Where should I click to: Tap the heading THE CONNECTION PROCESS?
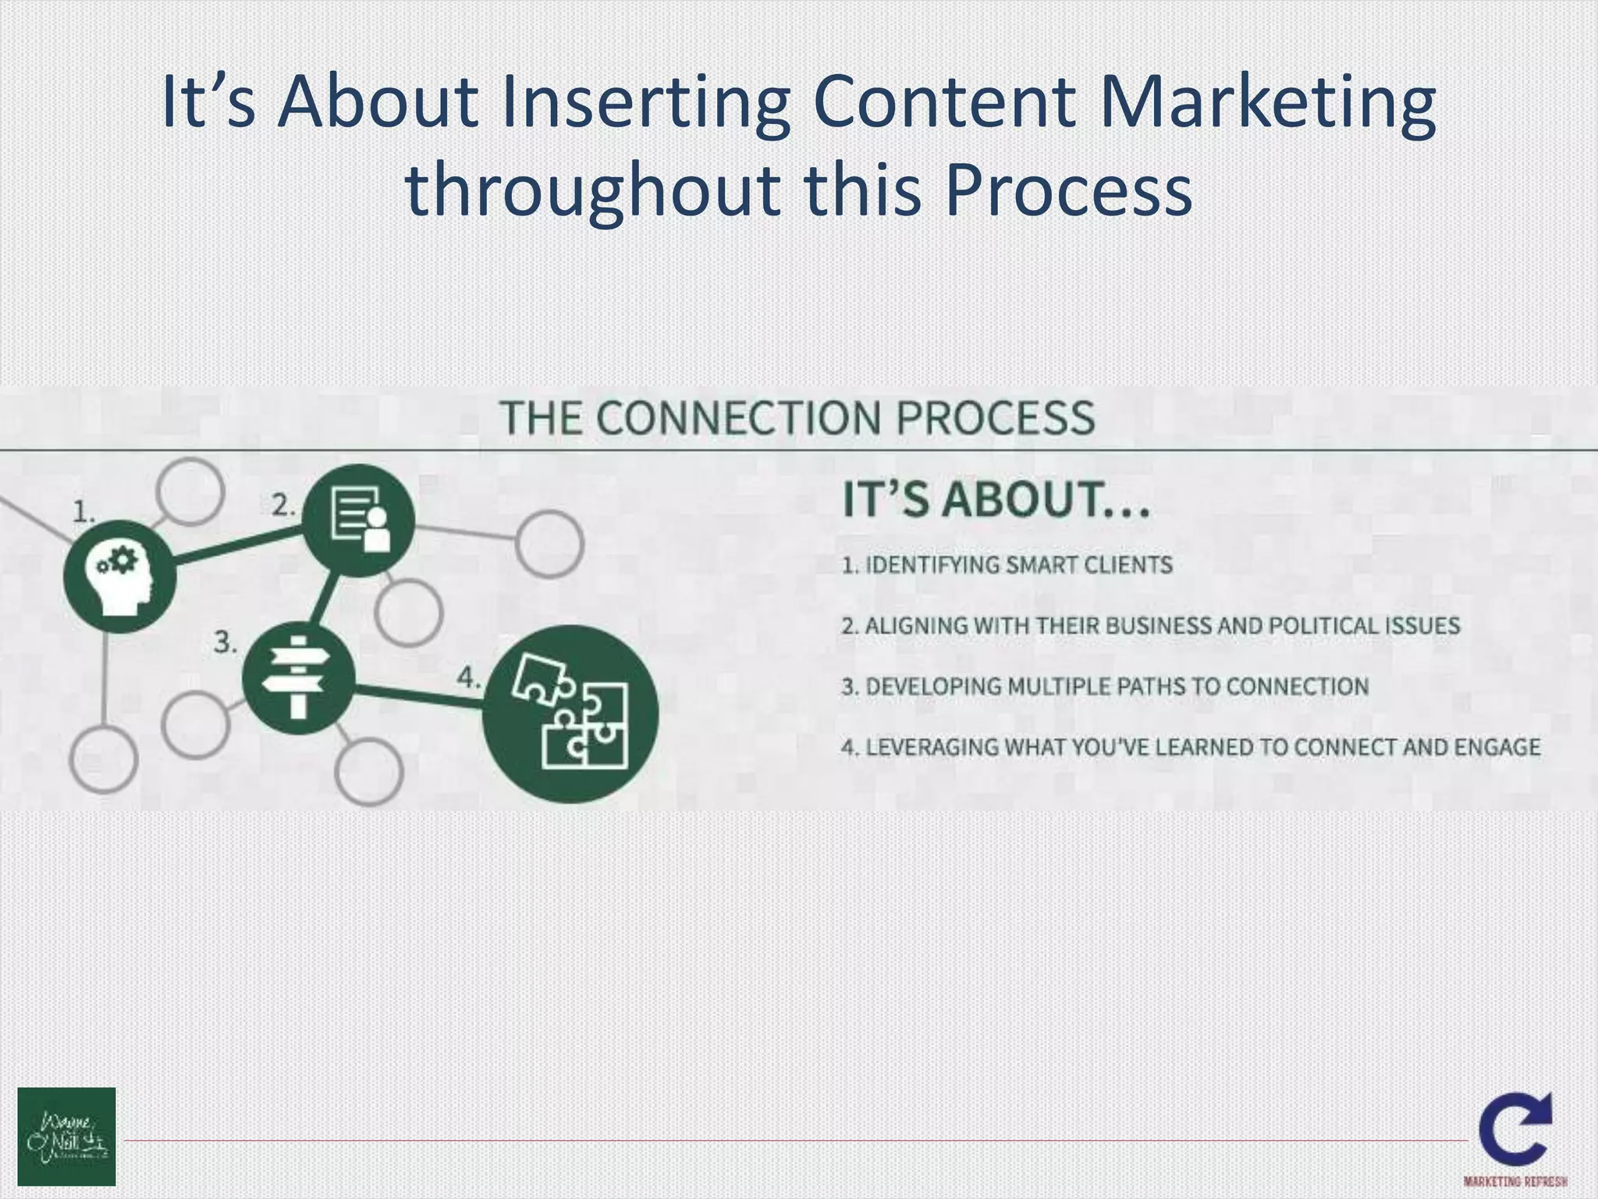(797, 417)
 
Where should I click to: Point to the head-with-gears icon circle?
(119, 576)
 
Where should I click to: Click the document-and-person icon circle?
(358, 520)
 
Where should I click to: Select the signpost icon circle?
(298, 678)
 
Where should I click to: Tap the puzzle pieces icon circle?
(570, 713)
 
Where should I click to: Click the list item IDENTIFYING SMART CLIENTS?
(1007, 564)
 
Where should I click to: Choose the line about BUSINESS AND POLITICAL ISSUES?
(1150, 625)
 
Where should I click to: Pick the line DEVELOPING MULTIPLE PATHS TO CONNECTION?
(1105, 686)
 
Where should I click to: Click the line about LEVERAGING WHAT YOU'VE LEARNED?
(1191, 747)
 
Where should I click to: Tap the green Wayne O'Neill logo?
(66, 1136)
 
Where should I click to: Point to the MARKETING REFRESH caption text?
(1515, 1181)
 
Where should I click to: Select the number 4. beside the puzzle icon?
(467, 677)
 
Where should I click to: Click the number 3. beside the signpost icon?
(225, 643)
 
